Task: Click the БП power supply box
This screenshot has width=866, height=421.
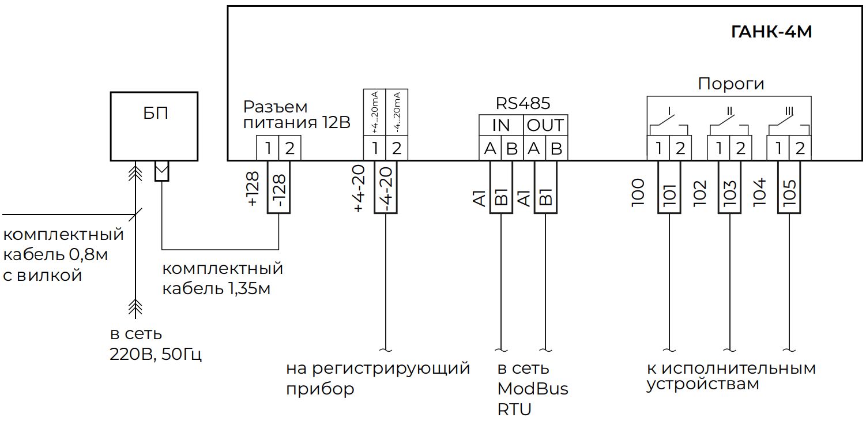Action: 155,125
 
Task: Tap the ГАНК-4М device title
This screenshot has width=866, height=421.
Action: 771,32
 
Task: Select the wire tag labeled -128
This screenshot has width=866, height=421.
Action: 278,187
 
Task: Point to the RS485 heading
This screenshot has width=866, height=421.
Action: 523,103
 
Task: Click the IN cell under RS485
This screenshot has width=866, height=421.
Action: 500,125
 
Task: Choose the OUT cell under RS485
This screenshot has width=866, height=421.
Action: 545,125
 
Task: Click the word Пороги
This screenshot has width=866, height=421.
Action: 731,84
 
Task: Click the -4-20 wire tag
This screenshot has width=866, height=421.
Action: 386,187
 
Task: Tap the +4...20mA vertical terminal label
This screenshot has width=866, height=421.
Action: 375,113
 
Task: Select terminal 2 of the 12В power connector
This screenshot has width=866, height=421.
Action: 289,149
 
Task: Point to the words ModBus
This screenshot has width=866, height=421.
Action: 532,389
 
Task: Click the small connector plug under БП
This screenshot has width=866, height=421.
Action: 162,171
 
